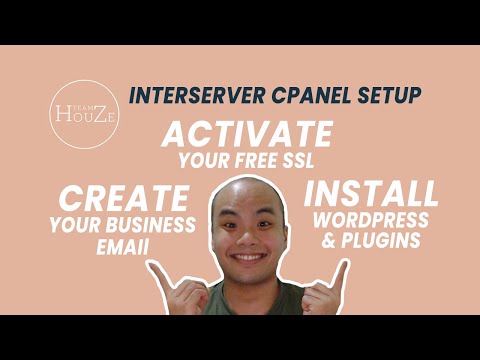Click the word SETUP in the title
click(378, 96)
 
